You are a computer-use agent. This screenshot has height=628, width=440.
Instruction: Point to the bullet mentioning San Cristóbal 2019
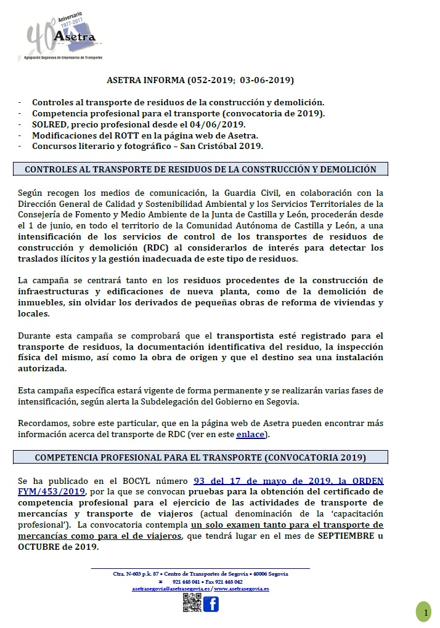click(x=147, y=146)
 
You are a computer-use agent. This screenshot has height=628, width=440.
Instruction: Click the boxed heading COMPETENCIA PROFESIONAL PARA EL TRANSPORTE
click(x=200, y=457)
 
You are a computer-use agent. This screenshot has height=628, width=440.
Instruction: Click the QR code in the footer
click(x=192, y=603)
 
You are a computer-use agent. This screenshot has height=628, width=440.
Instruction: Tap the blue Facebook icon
click(x=211, y=604)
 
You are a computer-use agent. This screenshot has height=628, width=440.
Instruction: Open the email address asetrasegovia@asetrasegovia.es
click(x=170, y=589)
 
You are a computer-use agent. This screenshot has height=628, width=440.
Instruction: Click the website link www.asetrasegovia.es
click(x=242, y=589)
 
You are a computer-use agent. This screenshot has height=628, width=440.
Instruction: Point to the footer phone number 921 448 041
click(x=186, y=581)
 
